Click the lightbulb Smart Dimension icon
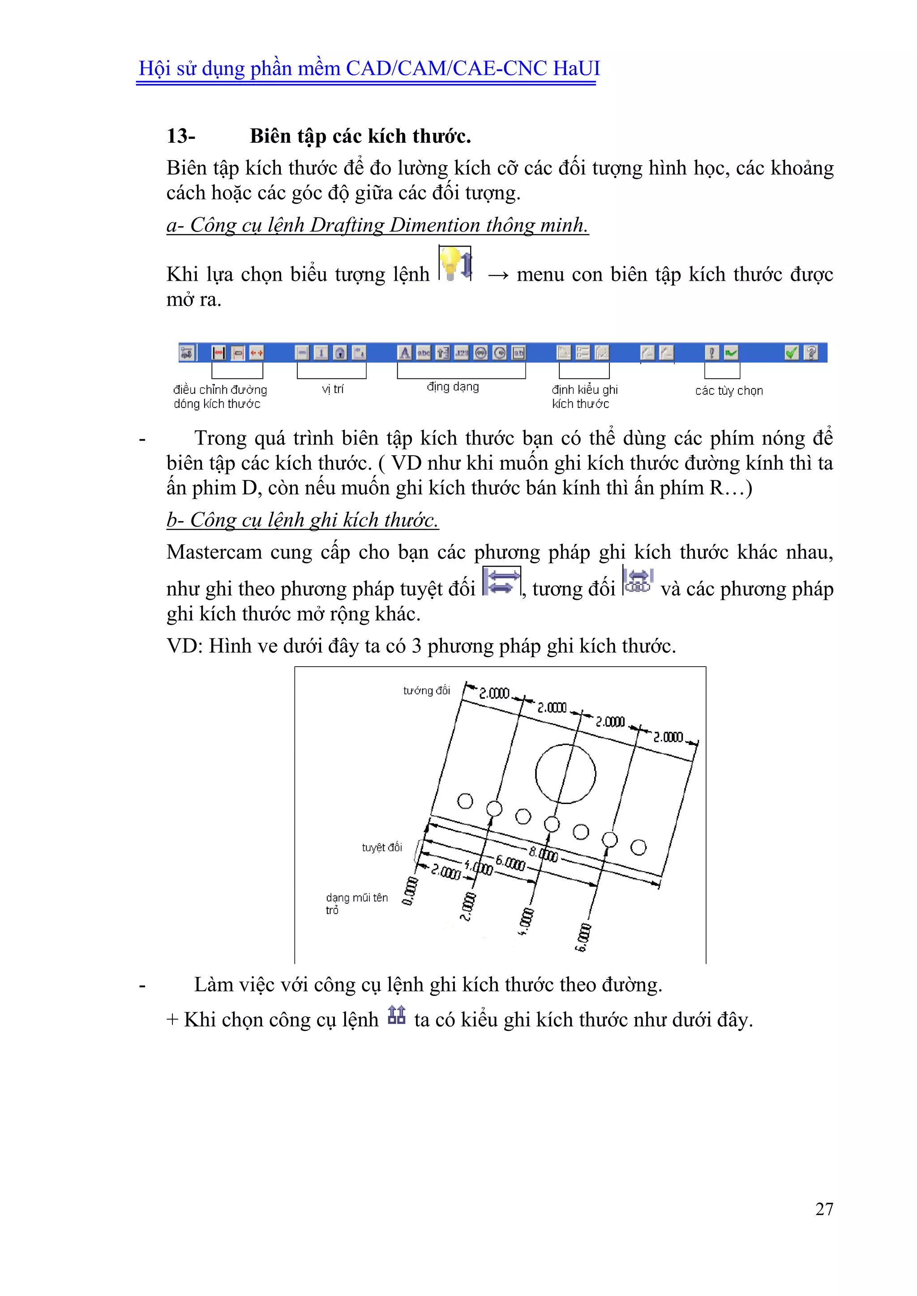tap(455, 264)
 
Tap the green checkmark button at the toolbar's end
tap(791, 353)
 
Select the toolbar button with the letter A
tap(404, 353)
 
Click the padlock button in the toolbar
tap(340, 353)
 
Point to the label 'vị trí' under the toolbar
tap(333, 389)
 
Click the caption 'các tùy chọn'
tap(729, 391)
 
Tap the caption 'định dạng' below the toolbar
tap(453, 387)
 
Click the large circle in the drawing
tap(565, 773)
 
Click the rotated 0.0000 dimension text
tap(411, 891)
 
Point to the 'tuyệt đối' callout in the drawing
tap(381, 847)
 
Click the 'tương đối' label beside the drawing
tap(426, 690)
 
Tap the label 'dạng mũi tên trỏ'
tap(356, 903)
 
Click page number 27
tap(824, 1209)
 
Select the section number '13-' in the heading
tap(181, 136)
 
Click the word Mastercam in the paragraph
tap(214, 552)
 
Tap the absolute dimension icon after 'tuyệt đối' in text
tap(502, 582)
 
